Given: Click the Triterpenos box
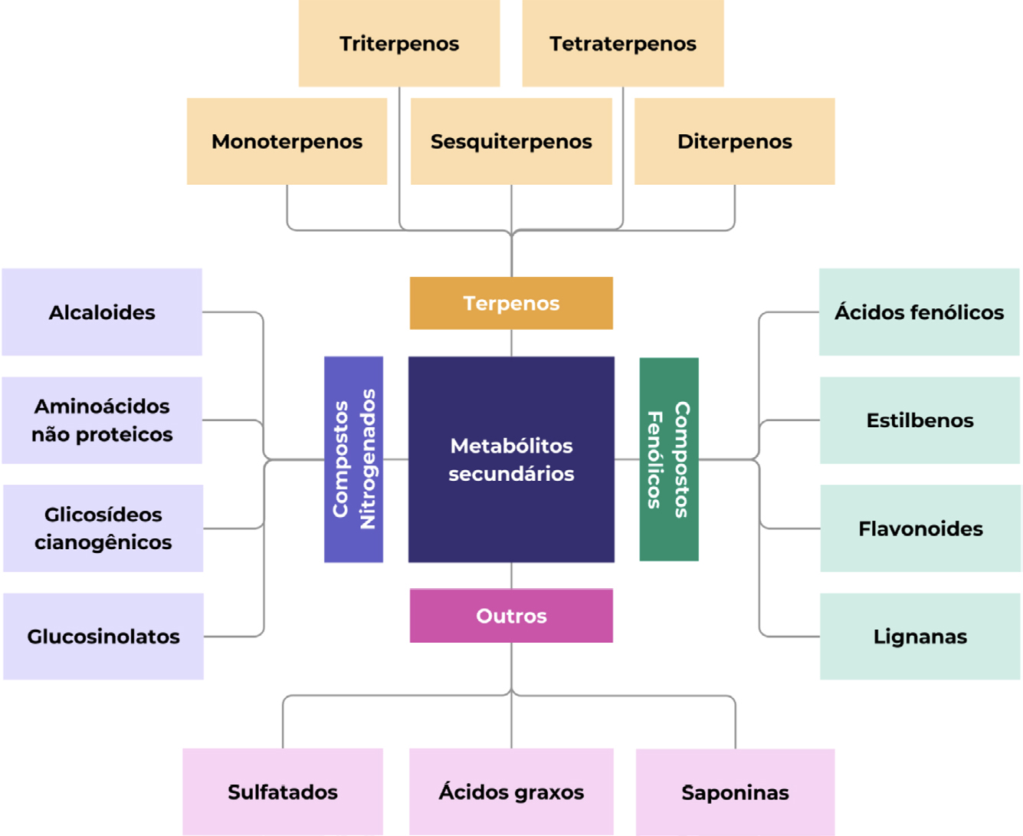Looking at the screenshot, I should click(399, 44).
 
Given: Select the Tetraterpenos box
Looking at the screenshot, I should click(623, 44).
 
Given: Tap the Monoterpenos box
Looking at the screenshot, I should click(287, 141).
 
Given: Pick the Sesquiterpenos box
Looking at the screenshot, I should click(511, 141).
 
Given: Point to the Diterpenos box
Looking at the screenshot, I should click(735, 141).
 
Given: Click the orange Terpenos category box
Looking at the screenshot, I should click(511, 303).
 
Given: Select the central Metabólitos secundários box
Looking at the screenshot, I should click(511, 459).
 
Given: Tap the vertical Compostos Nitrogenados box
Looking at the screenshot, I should click(353, 459).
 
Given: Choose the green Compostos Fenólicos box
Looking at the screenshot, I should click(669, 459).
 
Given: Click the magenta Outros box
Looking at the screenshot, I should click(511, 616).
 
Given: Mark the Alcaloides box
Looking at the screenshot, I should click(102, 312).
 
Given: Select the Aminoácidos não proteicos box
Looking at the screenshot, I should click(102, 420).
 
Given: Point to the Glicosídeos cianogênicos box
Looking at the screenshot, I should click(103, 528).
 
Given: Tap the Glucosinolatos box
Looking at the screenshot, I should click(103, 637).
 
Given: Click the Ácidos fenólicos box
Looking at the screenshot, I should click(920, 312).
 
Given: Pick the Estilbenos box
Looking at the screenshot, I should click(920, 420).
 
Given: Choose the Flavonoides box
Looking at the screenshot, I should click(920, 528).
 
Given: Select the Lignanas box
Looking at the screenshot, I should click(920, 637).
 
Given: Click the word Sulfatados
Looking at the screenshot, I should click(283, 792).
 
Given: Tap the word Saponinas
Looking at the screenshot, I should click(735, 793).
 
